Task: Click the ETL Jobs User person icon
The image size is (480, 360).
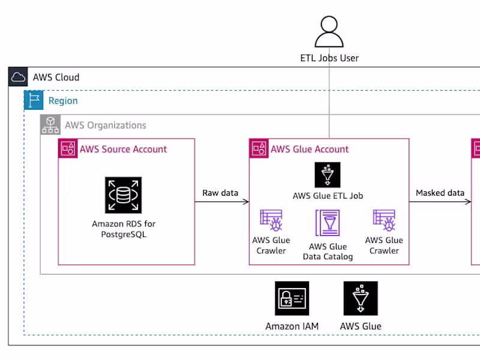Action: coord(329,31)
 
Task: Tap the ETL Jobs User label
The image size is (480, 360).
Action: coord(329,58)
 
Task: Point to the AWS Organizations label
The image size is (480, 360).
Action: coord(105,125)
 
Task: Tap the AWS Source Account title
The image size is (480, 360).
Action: coord(123,149)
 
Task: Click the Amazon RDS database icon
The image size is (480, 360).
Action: coord(124,195)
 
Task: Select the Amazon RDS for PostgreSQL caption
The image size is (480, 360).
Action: coord(124,229)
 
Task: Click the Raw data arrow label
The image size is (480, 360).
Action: coord(220,193)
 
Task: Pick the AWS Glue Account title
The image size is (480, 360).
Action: coord(309,149)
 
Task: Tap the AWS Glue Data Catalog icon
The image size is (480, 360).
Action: coord(328,222)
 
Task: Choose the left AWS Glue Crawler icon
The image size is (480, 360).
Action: coord(271,221)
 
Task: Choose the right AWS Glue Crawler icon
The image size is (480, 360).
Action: coord(384,221)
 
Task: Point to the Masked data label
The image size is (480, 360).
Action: coord(440,193)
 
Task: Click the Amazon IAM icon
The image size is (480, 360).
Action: coord(292,298)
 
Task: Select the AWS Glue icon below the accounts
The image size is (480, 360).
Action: coord(361,298)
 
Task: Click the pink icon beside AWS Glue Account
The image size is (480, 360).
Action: coord(259,148)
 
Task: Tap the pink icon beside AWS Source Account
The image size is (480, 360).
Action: coord(68,148)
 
